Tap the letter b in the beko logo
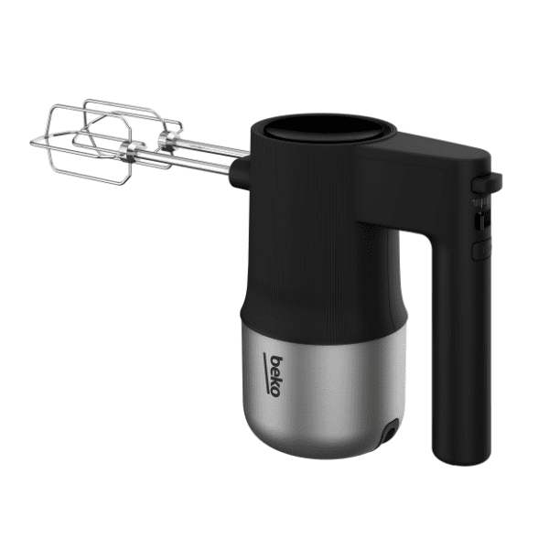click(x=276, y=361)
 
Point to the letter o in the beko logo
click(x=274, y=393)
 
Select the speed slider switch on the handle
click(x=482, y=221)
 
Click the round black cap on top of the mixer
click(x=328, y=129)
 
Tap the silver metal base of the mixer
click(x=324, y=393)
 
